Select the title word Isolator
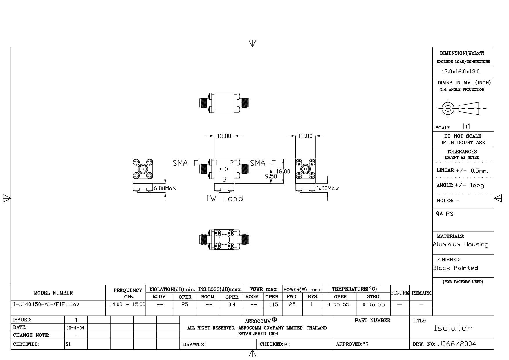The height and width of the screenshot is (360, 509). click(x=453, y=328)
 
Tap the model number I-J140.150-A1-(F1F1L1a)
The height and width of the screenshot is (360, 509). click(x=46, y=304)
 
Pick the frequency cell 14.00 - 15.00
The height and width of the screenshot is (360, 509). click(x=127, y=304)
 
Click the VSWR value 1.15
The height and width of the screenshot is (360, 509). click(x=273, y=304)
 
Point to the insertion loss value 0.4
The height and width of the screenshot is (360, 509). click(x=232, y=304)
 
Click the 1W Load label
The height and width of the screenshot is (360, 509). click(x=225, y=199)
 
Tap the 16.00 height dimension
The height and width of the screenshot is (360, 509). click(x=283, y=171)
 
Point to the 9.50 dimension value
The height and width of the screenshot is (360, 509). click(x=271, y=176)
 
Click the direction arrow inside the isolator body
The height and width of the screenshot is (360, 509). click(x=224, y=169)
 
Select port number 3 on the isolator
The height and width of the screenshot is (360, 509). click(x=224, y=179)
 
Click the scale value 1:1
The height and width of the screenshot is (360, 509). click(x=466, y=127)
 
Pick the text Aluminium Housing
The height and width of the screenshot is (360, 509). click(x=461, y=244)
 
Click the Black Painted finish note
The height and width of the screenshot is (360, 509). click(x=456, y=268)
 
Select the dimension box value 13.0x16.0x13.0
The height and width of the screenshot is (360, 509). click(x=461, y=71)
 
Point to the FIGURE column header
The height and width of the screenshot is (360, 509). click(x=400, y=293)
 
